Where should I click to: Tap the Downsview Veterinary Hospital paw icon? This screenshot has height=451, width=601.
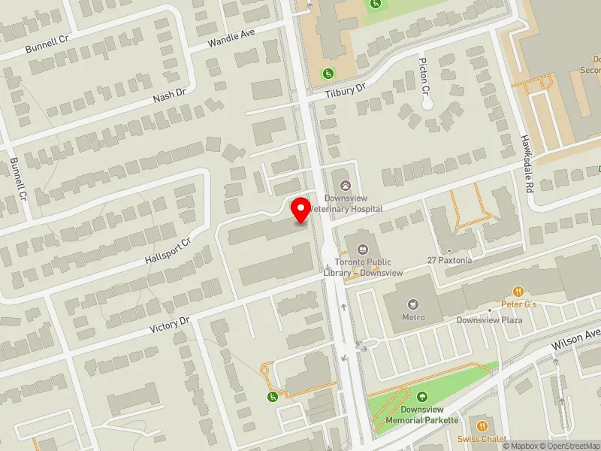(x=346, y=185)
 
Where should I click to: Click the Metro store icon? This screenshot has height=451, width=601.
(x=412, y=304)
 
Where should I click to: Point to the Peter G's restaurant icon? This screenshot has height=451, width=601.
(x=518, y=292)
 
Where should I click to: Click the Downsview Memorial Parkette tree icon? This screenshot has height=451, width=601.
(x=421, y=397)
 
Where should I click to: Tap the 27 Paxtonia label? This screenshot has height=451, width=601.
(x=449, y=260)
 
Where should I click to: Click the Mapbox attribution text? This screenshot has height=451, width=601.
(x=520, y=446)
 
